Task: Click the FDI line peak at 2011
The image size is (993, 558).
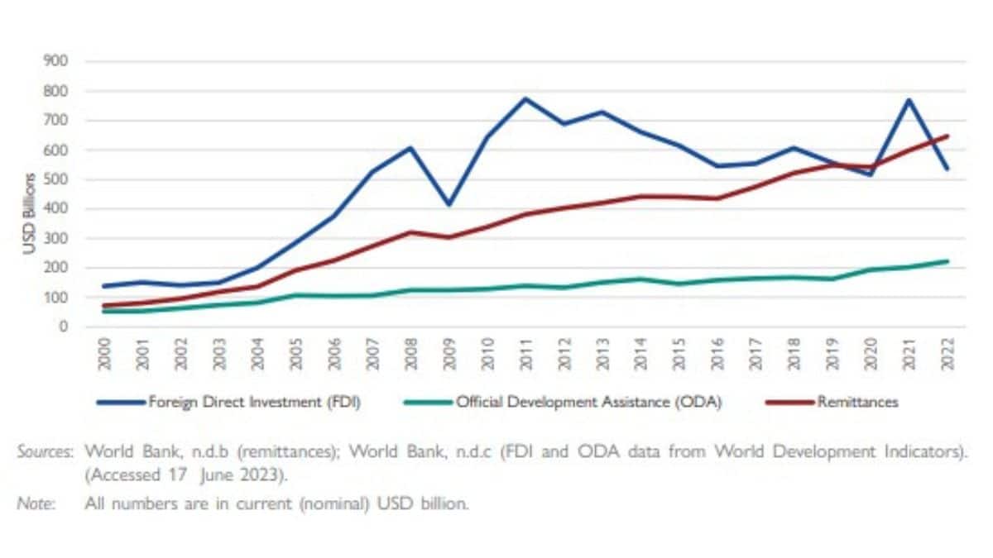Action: [x=525, y=99]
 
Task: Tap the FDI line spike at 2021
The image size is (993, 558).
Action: [x=908, y=100]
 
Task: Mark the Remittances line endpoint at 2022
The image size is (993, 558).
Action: [x=947, y=136]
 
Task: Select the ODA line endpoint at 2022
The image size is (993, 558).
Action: [x=947, y=261]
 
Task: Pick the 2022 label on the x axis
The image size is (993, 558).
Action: [x=947, y=356]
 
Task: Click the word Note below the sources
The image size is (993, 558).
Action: [x=36, y=503]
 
